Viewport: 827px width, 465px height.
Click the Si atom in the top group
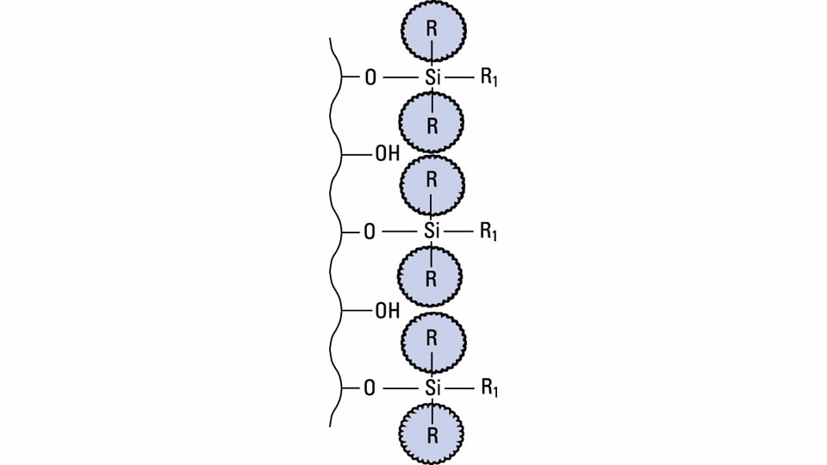tap(432, 77)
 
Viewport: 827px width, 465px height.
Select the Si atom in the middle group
tap(432, 231)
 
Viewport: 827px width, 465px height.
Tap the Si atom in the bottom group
tap(432, 387)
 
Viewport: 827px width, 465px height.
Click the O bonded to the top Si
tap(370, 77)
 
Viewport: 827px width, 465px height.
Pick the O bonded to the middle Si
tap(370, 232)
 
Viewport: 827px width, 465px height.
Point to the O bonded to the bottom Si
tap(370, 388)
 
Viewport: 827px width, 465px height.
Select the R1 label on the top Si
tap(488, 77)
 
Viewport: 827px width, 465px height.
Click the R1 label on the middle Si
tap(488, 232)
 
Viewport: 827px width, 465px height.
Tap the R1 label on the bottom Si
tap(488, 388)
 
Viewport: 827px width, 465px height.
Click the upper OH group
tap(387, 154)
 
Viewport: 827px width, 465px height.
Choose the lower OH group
tap(387, 311)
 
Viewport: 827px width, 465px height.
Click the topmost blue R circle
tap(432, 30)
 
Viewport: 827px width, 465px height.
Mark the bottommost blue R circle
tap(432, 434)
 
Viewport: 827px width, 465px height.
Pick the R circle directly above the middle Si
tap(432, 183)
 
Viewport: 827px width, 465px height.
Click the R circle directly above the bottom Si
tap(432, 339)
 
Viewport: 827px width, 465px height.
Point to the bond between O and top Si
tap(401, 77)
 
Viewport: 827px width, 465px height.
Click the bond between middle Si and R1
tap(459, 232)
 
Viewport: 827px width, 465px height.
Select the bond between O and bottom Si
tap(401, 388)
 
